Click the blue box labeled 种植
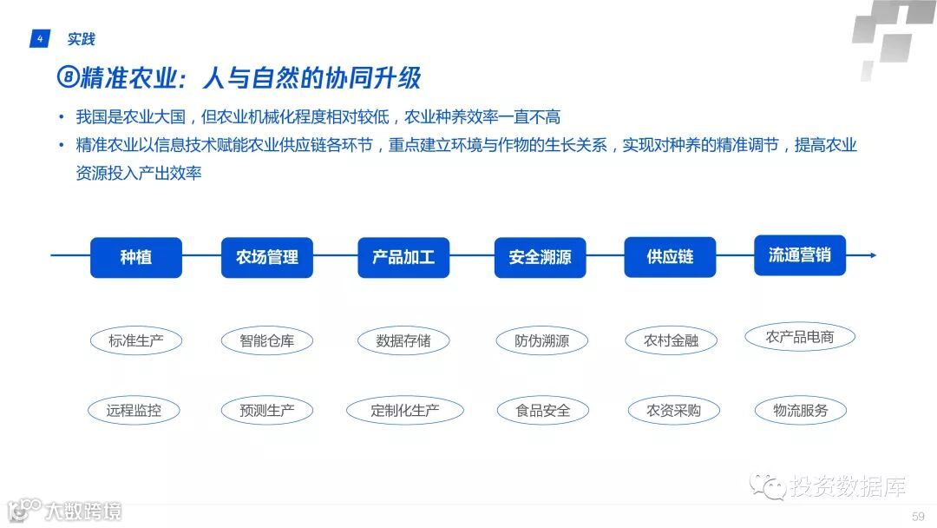(x=136, y=257)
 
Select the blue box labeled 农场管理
(x=266, y=257)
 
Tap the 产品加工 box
(x=403, y=257)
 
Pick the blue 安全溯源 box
(x=540, y=258)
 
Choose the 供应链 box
(x=670, y=257)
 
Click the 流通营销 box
(x=799, y=254)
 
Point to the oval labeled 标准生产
(x=135, y=340)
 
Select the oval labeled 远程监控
(x=134, y=411)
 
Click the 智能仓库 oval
(x=266, y=340)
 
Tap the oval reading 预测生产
(x=266, y=411)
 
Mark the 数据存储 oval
(x=403, y=340)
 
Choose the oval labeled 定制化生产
(x=404, y=411)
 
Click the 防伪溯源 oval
(x=541, y=340)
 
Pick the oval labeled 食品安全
(x=543, y=411)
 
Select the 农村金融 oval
(x=671, y=340)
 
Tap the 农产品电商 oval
(x=799, y=337)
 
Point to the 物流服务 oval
(x=800, y=411)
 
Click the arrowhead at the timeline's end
(x=872, y=255)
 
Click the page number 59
(x=918, y=517)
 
